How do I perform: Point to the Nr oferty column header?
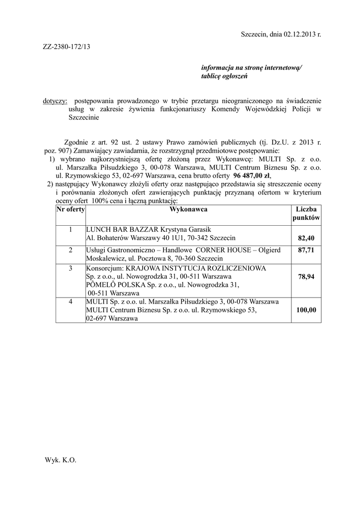coord(71,209)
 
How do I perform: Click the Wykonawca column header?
coord(188,209)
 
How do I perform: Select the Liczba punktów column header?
coord(306,214)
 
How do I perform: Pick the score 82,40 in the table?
coord(306,239)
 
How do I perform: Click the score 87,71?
coord(306,251)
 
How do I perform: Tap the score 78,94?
coord(306,277)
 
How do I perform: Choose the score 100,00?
coord(306,310)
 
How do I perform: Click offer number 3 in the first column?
coord(71,268)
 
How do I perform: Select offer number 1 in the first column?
coord(71,230)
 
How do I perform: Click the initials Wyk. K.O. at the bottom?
coord(61,460)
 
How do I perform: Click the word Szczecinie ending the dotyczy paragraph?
coord(84,118)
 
